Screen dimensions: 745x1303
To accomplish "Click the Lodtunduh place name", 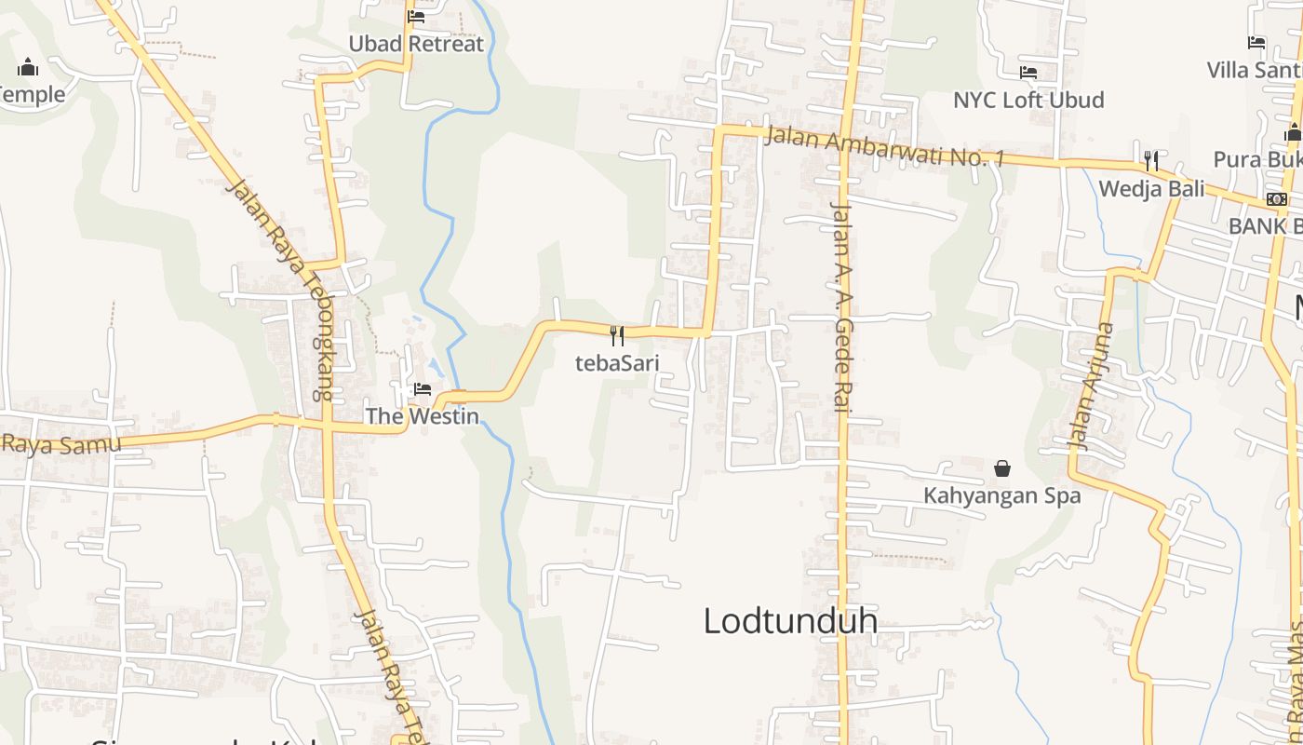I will pos(790,620).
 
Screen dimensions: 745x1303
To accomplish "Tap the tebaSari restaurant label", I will pos(616,362).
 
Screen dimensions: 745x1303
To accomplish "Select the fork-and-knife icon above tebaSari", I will pos(616,334).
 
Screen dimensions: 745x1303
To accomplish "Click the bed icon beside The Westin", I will pos(423,388).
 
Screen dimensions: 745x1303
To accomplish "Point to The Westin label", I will pos(422,416).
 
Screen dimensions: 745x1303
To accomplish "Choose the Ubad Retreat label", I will pos(416,44).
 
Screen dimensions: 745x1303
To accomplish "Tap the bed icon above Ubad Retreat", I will pos(416,16).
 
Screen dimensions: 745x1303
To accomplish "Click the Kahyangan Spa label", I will pos(1002,495).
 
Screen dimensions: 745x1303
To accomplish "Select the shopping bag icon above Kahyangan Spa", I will pos(1002,467).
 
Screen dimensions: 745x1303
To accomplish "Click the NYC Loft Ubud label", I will pos(1028,100).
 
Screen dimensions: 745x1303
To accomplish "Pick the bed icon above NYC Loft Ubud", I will pos(1028,72).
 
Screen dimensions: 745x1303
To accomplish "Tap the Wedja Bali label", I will pos(1151,189).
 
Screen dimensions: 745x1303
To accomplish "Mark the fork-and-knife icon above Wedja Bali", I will pos(1151,160).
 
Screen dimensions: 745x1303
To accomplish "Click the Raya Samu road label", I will pos(60,443).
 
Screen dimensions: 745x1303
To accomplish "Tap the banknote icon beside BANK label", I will pos(1277,199).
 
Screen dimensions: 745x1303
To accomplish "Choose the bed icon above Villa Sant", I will pos(1256,42).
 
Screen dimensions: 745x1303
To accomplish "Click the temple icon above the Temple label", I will pos(28,67).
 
